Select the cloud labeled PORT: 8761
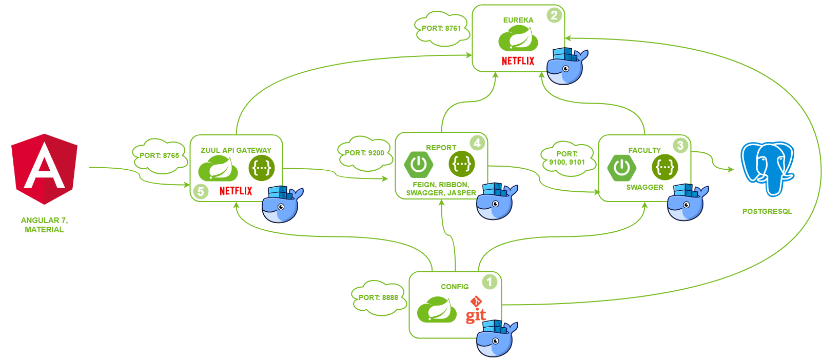coord(441,29)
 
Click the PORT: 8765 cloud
coord(159,155)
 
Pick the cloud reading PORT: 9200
coord(364,153)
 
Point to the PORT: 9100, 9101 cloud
coord(567,158)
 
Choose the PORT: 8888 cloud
coord(378,297)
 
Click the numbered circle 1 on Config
coord(490,282)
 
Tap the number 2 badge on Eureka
coord(554,15)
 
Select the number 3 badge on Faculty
coord(680,145)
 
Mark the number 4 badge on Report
coord(477,143)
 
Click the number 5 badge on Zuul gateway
coord(201,192)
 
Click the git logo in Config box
coord(476,310)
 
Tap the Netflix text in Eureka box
coord(518,61)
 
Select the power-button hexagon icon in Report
coord(418,164)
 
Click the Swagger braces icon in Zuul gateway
coord(262,168)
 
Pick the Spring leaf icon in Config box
coord(436,310)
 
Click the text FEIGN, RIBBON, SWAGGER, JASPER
coord(441,189)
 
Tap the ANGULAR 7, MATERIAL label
coord(44,225)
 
